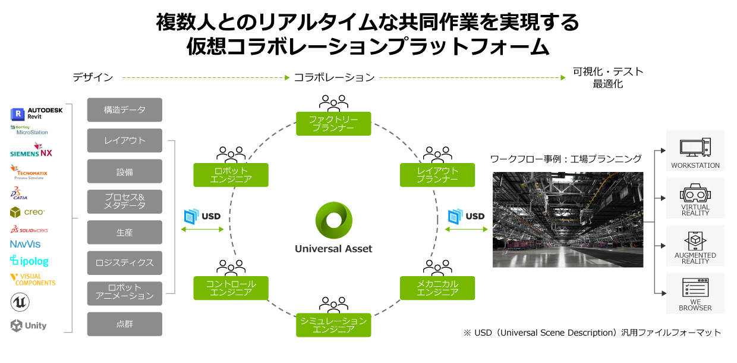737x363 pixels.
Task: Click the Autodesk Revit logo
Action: point(36,114)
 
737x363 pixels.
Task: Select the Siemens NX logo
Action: point(32,151)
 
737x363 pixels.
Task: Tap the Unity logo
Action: point(29,326)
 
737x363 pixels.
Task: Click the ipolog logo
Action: point(29,261)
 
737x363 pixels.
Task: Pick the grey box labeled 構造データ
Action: point(124,110)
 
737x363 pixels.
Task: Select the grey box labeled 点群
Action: point(124,324)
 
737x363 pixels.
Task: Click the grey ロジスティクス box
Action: point(124,263)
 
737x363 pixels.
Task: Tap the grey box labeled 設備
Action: point(124,171)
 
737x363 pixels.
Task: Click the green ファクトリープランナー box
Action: point(333,124)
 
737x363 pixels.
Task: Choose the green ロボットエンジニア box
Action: point(231,175)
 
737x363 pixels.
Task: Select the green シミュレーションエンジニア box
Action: point(333,326)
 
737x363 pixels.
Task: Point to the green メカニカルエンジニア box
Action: point(437,288)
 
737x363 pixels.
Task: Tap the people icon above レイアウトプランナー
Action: point(437,154)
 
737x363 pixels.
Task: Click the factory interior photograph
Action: point(568,220)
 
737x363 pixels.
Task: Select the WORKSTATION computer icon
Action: point(695,147)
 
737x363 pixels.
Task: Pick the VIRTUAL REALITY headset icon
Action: point(695,194)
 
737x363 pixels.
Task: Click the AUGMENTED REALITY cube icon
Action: point(695,242)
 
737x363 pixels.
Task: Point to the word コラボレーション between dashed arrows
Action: point(334,77)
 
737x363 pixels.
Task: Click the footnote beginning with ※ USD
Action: point(592,333)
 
